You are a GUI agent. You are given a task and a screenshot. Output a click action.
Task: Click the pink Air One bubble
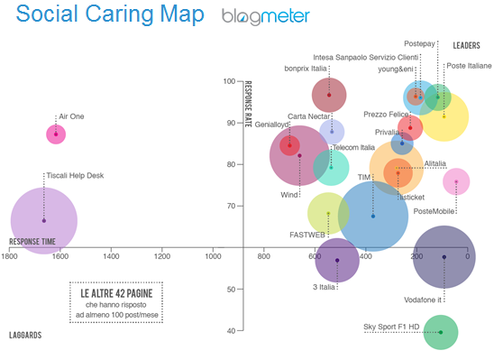[56, 134]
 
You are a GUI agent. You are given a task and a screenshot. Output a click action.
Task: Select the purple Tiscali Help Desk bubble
[42, 220]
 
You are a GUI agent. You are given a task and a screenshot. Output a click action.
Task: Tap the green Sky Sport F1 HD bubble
[440, 332]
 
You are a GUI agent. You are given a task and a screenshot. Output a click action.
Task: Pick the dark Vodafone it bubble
[444, 257]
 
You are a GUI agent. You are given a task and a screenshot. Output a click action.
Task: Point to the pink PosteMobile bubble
[456, 182]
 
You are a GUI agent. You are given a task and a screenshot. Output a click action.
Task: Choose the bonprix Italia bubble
[330, 95]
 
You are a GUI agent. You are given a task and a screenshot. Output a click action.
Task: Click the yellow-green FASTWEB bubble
[329, 214]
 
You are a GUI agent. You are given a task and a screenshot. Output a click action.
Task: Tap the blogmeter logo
[266, 16]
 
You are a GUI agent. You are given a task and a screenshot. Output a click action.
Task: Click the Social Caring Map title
[107, 15]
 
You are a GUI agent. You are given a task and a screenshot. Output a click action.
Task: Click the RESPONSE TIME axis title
[32, 242]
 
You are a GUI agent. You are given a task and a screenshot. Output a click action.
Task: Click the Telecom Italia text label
[354, 147]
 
